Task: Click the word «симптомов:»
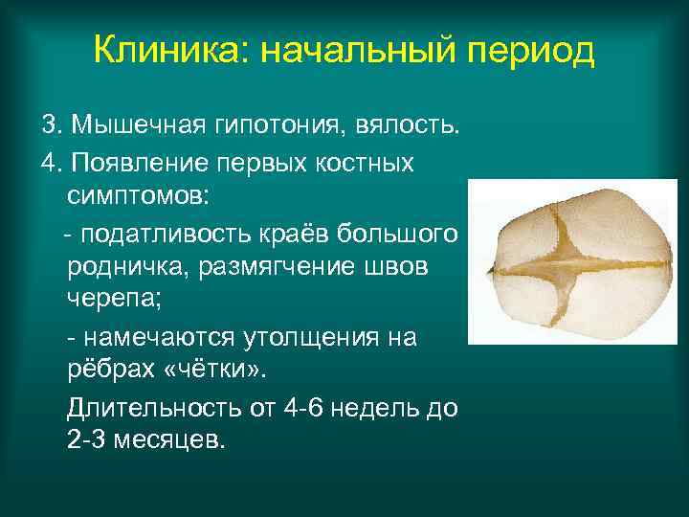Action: (x=143, y=196)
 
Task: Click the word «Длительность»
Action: (x=153, y=407)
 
